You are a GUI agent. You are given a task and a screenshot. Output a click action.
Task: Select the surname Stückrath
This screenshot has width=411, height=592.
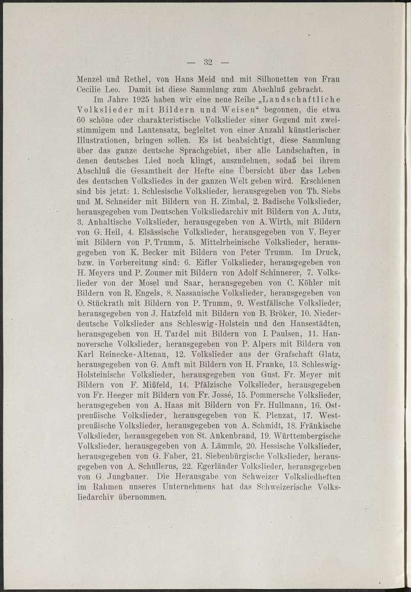[x=105, y=303]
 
